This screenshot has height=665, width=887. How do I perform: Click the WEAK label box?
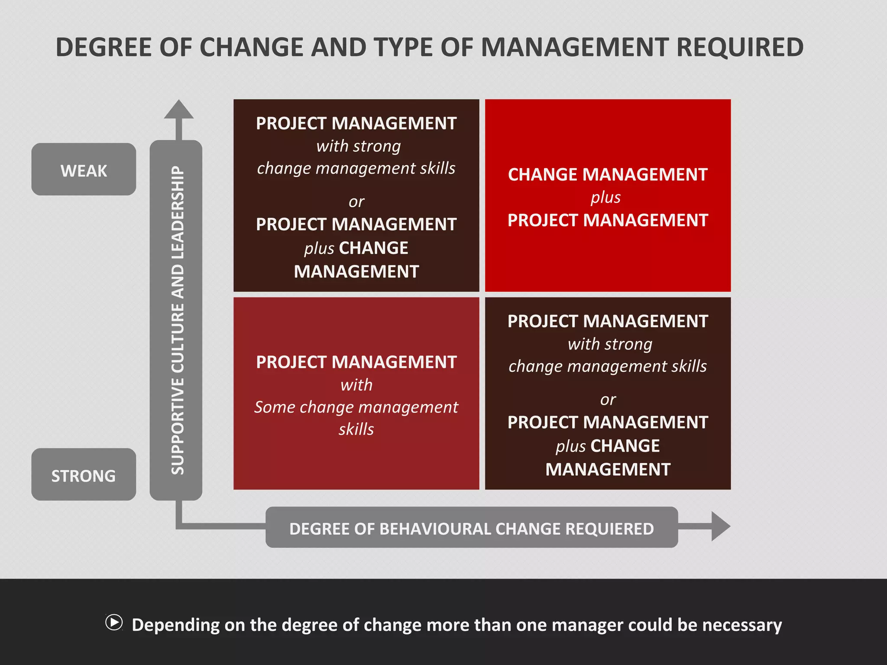point(84,169)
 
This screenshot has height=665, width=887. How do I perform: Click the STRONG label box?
point(84,475)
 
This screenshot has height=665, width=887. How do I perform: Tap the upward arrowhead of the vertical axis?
point(178,110)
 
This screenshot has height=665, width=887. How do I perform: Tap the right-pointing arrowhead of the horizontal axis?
point(720,526)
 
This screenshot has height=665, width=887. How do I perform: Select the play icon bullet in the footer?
point(114,623)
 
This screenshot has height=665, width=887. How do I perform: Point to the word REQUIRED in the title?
point(740,47)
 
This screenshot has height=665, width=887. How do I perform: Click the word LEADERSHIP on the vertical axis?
point(178,212)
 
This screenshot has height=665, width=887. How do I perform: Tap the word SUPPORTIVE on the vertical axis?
point(178,426)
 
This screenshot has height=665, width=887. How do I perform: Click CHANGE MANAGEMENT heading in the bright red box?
point(608,174)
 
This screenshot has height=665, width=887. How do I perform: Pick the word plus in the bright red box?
point(605,197)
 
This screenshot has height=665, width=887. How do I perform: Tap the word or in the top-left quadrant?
point(356,202)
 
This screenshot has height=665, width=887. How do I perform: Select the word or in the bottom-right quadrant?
point(608,400)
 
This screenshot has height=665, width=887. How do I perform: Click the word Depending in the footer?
point(176,625)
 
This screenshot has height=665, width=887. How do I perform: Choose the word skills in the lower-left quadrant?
point(356,429)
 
